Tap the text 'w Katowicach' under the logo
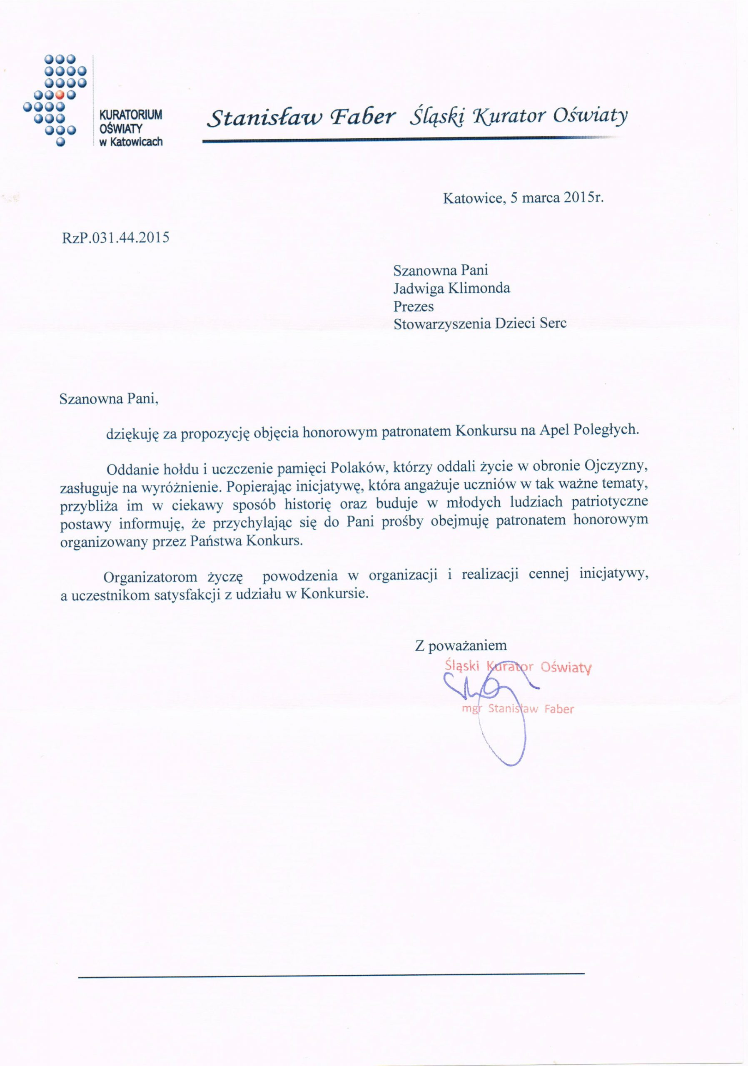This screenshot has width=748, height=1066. pyautogui.click(x=131, y=142)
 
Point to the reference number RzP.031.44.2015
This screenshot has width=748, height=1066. pyautogui.click(x=116, y=238)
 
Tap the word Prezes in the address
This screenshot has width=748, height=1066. pyautogui.click(x=413, y=306)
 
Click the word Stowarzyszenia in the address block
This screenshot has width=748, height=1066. pyautogui.click(x=441, y=324)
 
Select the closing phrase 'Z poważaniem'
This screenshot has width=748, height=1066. pyautogui.click(x=461, y=645)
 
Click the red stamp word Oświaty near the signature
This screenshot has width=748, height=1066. pyautogui.click(x=566, y=667)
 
